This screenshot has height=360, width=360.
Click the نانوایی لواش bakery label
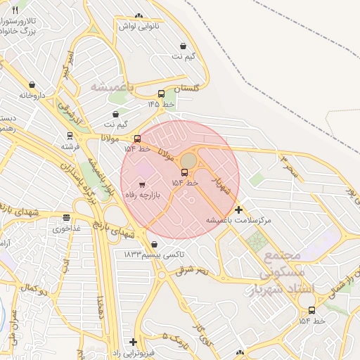[139, 26]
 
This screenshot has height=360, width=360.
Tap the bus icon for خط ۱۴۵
[162, 94]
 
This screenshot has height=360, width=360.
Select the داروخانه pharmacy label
[32, 94]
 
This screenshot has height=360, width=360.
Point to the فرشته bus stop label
[70, 146]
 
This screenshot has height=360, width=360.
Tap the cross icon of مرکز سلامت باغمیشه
[239, 210]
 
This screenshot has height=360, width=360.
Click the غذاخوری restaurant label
[67, 229]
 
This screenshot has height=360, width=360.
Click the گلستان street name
[187, 89]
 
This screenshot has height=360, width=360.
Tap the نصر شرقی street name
[192, 269]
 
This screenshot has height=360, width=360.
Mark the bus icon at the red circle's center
[184, 173]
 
